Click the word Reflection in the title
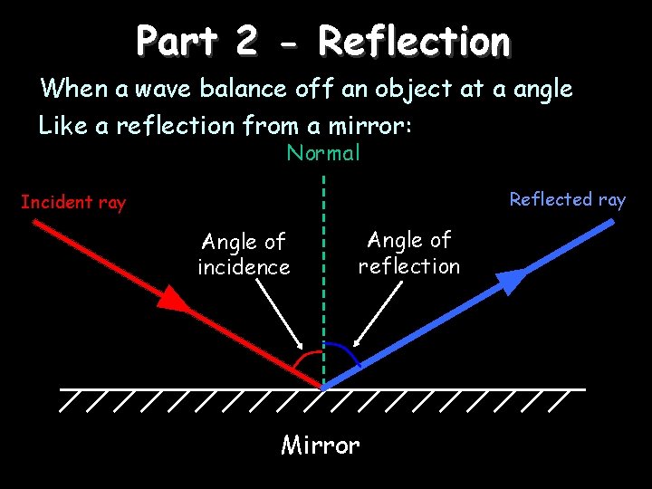point(414,42)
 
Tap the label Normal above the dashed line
point(323,153)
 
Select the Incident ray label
point(73,202)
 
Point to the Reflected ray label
point(567,199)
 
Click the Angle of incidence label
point(244,254)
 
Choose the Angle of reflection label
point(409,253)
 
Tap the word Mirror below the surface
point(321,446)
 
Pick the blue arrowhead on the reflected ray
point(512,280)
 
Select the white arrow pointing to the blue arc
point(376,313)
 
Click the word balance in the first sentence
point(244,89)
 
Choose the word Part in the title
point(177,42)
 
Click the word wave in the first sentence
point(163,89)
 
